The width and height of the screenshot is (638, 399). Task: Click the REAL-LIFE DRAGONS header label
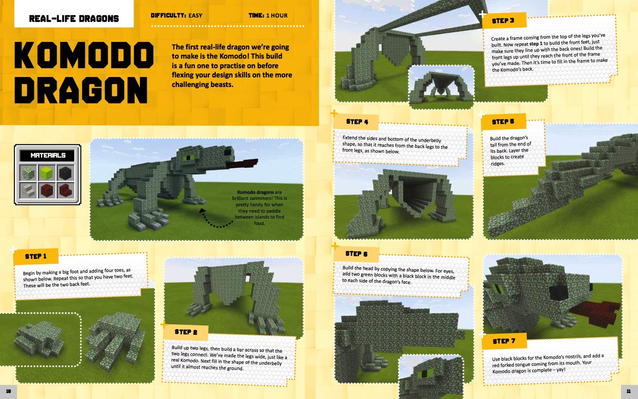(74, 18)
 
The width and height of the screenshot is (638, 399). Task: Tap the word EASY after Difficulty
(195, 16)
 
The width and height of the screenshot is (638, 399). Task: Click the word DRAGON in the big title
(81, 90)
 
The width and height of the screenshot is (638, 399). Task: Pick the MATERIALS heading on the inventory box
(48, 155)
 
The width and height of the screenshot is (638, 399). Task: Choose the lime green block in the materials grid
(47, 173)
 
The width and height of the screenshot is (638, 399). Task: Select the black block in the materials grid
(65, 173)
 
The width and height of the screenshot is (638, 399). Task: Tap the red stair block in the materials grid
(65, 190)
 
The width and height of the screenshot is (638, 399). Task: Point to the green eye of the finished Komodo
(187, 158)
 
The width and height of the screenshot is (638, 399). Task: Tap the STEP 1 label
(35, 256)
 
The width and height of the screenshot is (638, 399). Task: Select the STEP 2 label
(186, 332)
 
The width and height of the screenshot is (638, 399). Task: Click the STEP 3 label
(503, 21)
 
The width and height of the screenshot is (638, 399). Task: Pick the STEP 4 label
(357, 122)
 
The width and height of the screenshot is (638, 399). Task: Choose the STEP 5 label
(503, 122)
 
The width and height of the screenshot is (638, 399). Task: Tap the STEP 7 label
(504, 341)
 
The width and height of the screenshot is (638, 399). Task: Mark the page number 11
(628, 391)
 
